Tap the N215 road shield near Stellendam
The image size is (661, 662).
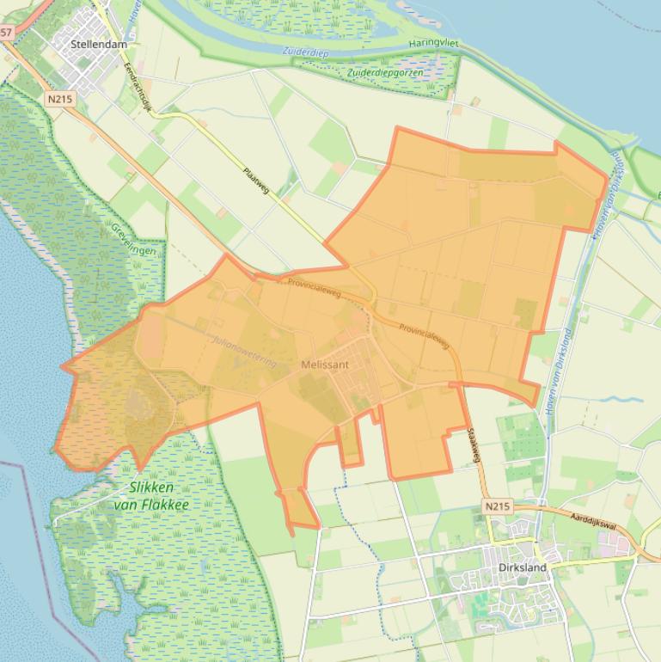pyautogui.click(x=60, y=99)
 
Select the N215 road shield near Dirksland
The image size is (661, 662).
pyautogui.click(x=496, y=506)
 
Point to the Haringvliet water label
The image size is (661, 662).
pyautogui.click(x=437, y=44)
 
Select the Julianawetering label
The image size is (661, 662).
pyautogui.click(x=244, y=352)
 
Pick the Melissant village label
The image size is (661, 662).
pyautogui.click(x=325, y=365)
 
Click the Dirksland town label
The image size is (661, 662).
pyautogui.click(x=522, y=567)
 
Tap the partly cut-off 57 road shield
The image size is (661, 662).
pyautogui.click(x=6, y=32)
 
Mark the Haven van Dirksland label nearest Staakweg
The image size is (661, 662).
pyautogui.click(x=559, y=371)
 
